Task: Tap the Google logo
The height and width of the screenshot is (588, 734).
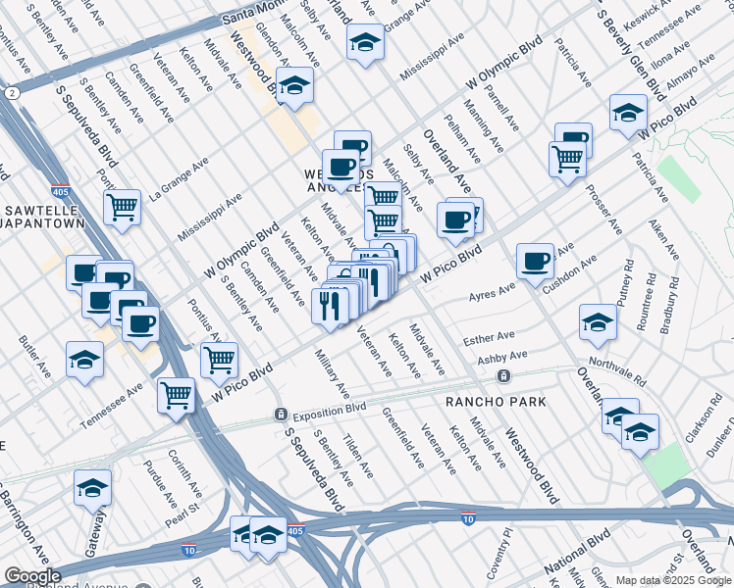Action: point(32,576)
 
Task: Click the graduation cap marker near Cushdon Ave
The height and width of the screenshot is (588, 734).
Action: point(598,322)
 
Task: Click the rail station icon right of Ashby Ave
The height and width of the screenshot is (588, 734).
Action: point(503,376)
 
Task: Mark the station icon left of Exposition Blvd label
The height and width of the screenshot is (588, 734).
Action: point(281,413)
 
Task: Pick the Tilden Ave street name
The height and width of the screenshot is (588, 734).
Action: point(356,456)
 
